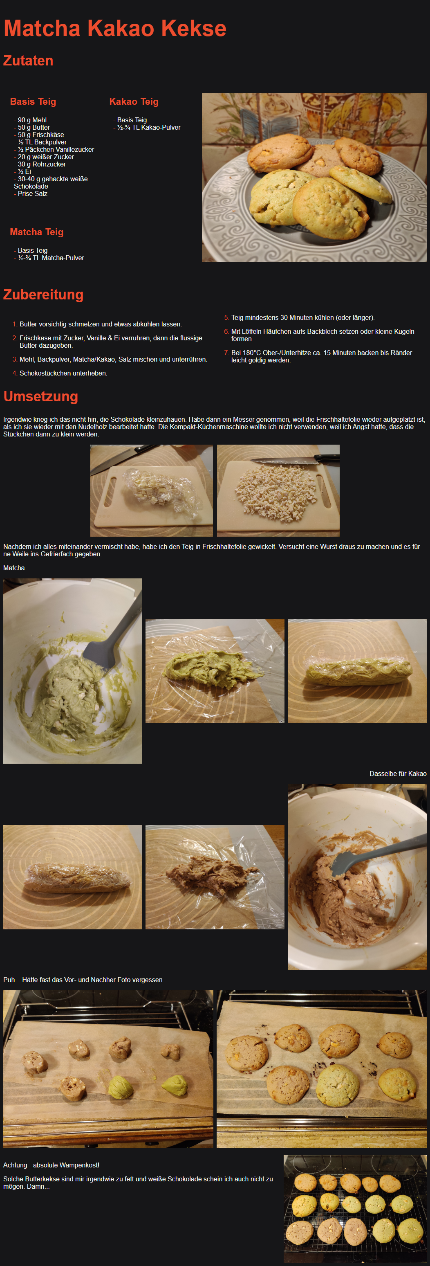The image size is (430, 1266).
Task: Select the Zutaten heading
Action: (x=28, y=61)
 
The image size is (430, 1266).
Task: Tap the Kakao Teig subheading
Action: (x=134, y=101)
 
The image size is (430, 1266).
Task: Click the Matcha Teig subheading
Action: (x=37, y=232)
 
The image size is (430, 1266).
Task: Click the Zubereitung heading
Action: (x=43, y=295)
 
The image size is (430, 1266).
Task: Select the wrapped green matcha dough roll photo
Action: (x=357, y=671)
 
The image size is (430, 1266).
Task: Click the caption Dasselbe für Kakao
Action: (x=398, y=774)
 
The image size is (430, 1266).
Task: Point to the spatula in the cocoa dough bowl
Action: (x=373, y=853)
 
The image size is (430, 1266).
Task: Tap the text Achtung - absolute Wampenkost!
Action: (x=51, y=1165)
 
